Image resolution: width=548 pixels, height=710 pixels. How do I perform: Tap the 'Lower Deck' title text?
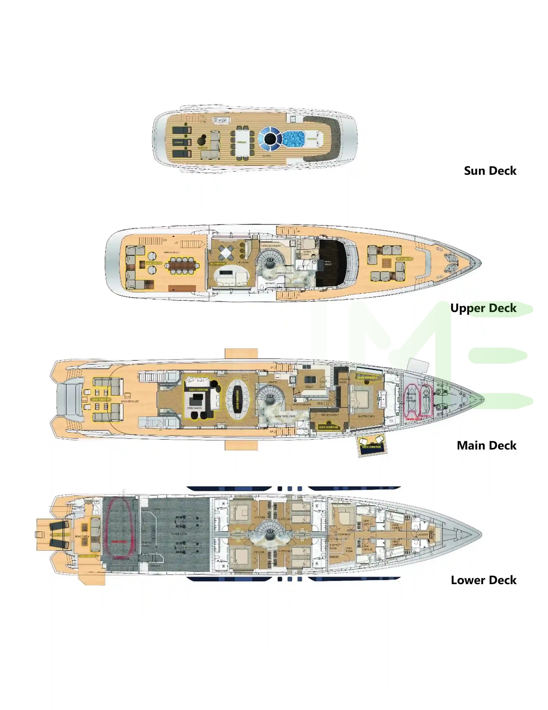pyautogui.click(x=483, y=580)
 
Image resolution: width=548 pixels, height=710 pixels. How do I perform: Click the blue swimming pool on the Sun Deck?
pyautogui.click(x=294, y=139)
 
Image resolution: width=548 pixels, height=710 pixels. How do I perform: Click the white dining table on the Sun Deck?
pyautogui.click(x=242, y=142)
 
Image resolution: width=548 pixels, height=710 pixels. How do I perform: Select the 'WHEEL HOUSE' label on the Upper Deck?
pyautogui.click(x=328, y=263)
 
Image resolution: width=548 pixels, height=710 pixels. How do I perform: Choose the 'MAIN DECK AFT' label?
pyautogui.click(x=130, y=401)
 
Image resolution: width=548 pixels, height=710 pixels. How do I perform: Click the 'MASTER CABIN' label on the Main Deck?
pyautogui.click(x=366, y=416)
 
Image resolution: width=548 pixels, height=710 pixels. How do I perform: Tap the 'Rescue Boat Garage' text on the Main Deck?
pyautogui.click(x=411, y=397)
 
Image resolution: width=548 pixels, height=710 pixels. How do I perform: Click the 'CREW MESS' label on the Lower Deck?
pyautogui.click(x=344, y=534)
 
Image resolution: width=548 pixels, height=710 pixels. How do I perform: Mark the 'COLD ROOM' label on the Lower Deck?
pyautogui.click(x=349, y=549)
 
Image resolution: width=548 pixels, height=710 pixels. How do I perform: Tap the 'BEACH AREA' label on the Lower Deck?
pyautogui.click(x=82, y=536)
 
